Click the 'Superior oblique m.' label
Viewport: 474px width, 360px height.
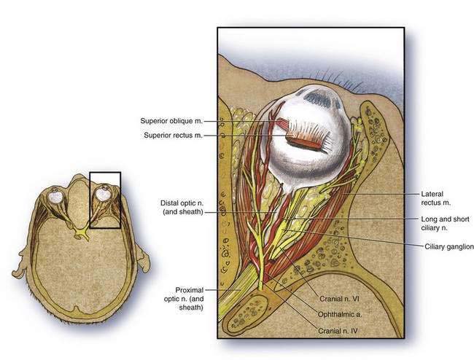[x=171, y=121]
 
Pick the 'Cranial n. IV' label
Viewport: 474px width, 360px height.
[x=339, y=330]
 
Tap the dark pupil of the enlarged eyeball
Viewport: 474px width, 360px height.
[x=318, y=97]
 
